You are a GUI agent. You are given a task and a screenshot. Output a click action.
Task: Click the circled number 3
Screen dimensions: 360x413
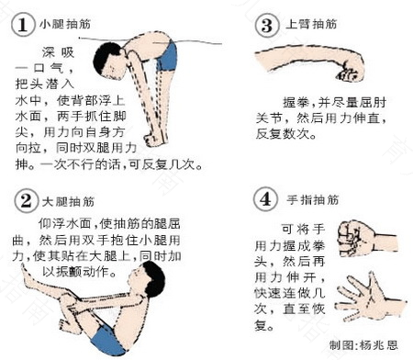[x=266, y=24]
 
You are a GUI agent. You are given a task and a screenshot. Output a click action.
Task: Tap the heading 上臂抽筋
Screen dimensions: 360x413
[x=308, y=26]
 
